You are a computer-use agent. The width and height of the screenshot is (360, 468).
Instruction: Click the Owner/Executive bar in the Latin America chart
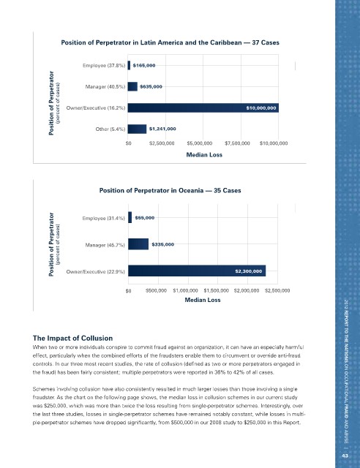[203, 107]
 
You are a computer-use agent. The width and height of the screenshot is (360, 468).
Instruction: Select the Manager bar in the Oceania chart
[138, 244]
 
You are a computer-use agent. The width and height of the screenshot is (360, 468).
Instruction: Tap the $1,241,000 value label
[162, 129]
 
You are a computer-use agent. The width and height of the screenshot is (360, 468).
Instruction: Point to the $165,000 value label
[144, 65]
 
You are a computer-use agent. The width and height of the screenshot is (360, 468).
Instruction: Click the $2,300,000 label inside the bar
[249, 271]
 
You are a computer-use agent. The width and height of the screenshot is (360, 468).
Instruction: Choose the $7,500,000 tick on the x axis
[237, 143]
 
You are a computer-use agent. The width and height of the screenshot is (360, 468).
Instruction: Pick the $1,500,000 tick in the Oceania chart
[217, 290]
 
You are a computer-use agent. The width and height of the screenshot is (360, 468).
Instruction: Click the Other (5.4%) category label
[110, 129]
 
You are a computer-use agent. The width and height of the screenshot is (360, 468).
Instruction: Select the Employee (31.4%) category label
[103, 218]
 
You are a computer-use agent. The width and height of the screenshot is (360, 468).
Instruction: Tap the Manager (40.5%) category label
[105, 87]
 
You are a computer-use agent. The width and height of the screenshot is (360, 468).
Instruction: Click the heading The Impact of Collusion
[72, 338]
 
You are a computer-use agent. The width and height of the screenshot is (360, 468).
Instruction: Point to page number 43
[345, 456]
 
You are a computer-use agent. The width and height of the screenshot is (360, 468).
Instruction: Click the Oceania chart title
[170, 190]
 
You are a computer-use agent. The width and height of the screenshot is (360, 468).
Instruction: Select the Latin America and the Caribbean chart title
[170, 42]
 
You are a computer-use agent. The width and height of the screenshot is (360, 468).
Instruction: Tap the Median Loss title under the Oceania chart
[203, 300]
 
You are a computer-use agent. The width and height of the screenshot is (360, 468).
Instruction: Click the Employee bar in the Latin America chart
[129, 65]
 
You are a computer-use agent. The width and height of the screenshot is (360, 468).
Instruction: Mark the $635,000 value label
[151, 86]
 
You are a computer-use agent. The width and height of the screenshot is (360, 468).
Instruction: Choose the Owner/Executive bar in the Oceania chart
[197, 271]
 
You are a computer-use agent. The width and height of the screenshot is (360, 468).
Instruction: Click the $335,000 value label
[163, 244]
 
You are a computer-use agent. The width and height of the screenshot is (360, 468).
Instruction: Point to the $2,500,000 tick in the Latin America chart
[162, 143]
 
